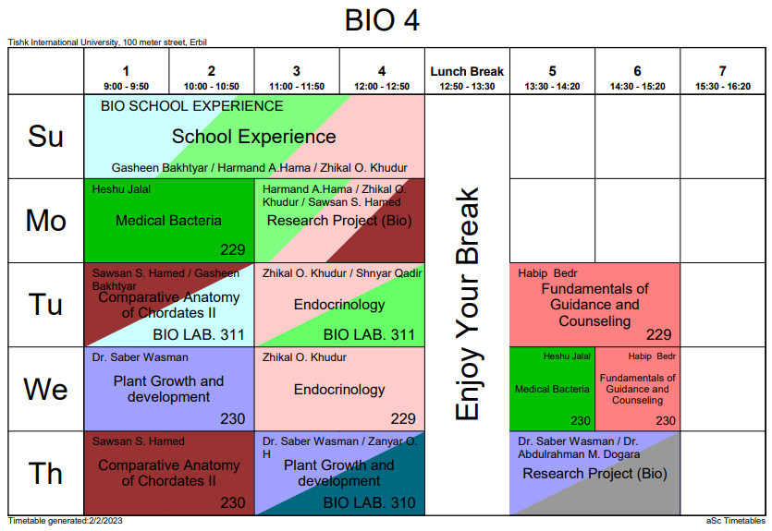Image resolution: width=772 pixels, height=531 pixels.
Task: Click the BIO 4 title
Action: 382,19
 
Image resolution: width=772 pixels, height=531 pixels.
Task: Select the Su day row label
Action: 45,137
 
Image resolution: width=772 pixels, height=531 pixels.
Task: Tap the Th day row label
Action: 45,474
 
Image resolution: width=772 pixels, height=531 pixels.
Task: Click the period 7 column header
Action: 722,78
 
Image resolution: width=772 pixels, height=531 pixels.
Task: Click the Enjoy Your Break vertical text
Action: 468,305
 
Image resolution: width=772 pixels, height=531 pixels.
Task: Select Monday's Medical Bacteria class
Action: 168,221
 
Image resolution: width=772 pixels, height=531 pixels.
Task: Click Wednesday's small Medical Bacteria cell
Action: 552,389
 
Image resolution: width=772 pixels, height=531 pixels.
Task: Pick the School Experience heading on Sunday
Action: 254,137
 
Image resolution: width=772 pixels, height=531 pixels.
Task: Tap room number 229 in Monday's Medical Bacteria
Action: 233,249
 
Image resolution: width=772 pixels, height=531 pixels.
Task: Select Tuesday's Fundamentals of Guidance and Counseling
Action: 594,305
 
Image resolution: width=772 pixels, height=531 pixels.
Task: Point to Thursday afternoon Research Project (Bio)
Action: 594,474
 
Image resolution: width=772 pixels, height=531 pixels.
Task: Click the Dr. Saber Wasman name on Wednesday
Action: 140,357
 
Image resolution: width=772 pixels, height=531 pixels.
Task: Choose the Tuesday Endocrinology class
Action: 339,305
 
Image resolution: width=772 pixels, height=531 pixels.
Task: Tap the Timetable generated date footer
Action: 65,522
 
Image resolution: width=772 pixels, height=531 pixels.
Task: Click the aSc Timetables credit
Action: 736,522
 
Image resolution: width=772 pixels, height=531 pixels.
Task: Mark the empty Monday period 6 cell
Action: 637,221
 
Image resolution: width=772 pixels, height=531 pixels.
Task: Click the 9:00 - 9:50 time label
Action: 127,86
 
